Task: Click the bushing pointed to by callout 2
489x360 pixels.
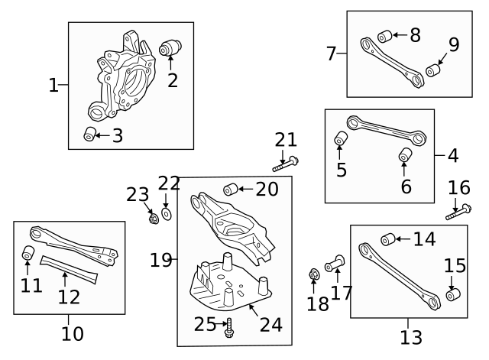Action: (x=169, y=48)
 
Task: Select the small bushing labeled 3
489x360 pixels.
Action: (x=90, y=135)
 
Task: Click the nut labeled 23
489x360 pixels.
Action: (x=152, y=219)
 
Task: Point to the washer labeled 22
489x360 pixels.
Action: (x=167, y=212)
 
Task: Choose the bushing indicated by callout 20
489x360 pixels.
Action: (x=229, y=189)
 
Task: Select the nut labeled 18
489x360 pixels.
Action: (x=313, y=274)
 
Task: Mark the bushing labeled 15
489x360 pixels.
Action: (x=452, y=294)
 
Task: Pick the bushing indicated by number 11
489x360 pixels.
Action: (x=29, y=252)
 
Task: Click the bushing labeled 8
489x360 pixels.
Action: (x=384, y=35)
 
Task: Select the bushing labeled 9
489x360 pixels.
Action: (x=433, y=71)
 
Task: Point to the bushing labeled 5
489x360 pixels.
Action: (x=341, y=139)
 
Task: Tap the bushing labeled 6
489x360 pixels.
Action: (x=405, y=156)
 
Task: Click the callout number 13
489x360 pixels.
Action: (x=410, y=336)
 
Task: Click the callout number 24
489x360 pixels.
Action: (x=270, y=324)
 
